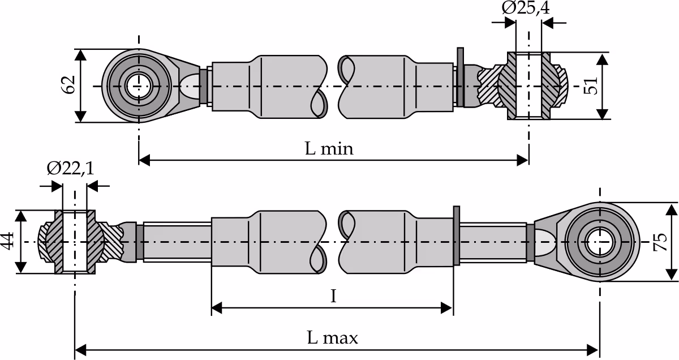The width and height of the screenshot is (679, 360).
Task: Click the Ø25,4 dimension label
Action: coord(525,8)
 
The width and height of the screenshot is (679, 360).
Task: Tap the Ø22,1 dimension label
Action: coord(70,168)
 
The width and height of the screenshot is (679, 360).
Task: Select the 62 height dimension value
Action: coord(68,85)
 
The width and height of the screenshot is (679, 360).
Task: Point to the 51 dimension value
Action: coord(591,86)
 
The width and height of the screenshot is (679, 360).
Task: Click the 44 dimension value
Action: coord(7,241)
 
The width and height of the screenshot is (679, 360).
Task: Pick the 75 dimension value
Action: coord(660,242)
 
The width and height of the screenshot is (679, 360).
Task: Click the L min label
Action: coord(329,149)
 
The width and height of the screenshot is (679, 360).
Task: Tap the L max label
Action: coord(333,337)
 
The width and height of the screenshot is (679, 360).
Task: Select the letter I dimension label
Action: coord(333,296)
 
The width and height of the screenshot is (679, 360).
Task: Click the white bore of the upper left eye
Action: coord(139,87)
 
